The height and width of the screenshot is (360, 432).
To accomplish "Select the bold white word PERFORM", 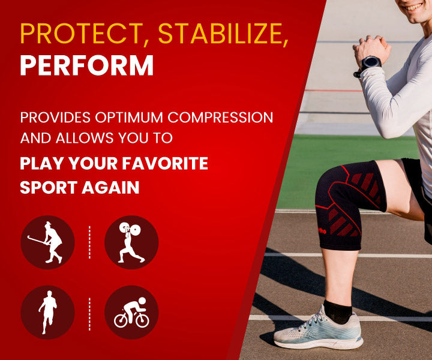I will pos(87,66).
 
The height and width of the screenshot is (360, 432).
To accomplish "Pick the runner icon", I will pos(47,312).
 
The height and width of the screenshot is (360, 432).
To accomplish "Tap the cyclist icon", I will pos(131,312).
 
